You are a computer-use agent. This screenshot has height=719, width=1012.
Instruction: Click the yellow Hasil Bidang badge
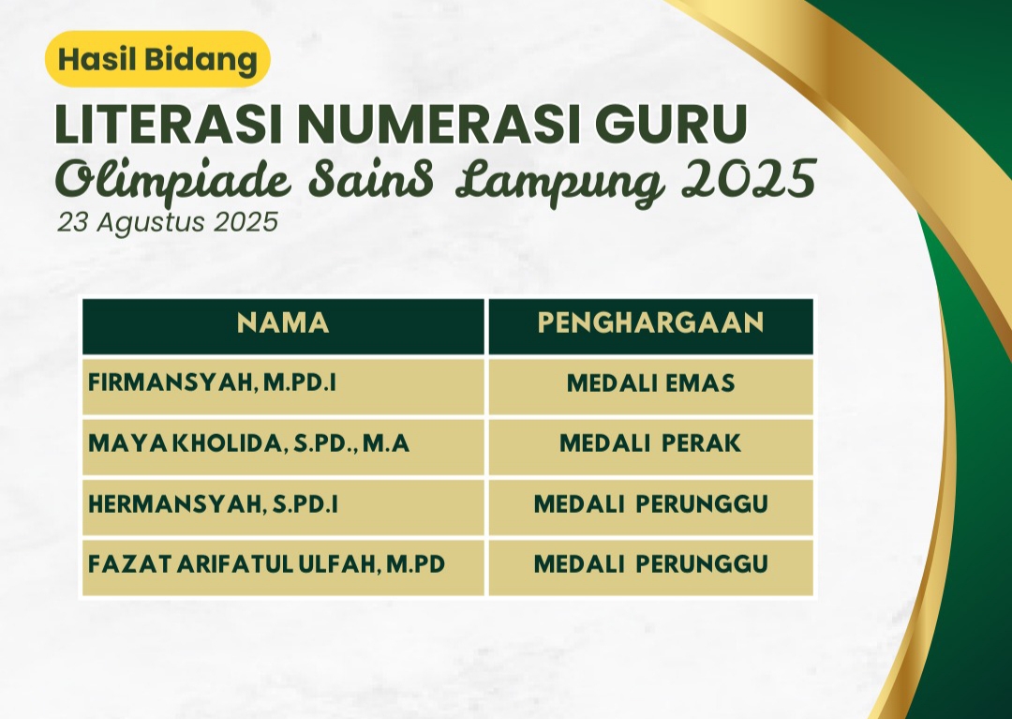157,59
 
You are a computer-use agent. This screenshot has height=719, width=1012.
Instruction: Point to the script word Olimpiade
173,181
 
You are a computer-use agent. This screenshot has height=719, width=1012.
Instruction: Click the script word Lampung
559,183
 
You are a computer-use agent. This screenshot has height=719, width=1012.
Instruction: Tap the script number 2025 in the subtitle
749,179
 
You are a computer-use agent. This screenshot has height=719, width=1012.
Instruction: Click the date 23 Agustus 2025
168,223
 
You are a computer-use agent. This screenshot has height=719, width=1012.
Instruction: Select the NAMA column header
283,326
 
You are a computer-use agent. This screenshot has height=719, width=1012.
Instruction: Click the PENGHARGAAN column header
650,326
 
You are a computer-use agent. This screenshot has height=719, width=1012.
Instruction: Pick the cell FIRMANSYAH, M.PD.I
283,386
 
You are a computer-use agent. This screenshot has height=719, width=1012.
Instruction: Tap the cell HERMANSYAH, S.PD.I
283,507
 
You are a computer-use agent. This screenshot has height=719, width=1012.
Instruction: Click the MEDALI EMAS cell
650,386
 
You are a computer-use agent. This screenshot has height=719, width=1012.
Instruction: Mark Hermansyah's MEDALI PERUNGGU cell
650,507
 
